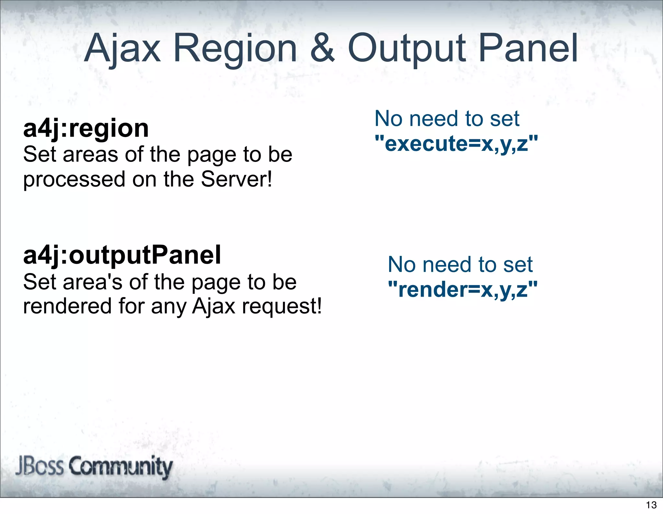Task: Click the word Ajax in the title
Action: (x=122, y=49)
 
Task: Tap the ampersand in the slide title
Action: (x=322, y=49)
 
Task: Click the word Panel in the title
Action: (x=528, y=49)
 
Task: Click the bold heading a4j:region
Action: (x=86, y=129)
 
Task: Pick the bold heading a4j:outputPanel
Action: (x=122, y=255)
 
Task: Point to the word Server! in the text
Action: (x=237, y=179)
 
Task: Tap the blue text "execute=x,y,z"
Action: (x=456, y=143)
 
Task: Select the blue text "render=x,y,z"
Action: (x=463, y=289)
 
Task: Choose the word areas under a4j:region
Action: (x=90, y=155)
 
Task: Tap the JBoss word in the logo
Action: (x=39, y=466)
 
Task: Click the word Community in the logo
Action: (x=120, y=467)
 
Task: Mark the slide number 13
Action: (x=651, y=505)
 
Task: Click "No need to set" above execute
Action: (x=447, y=119)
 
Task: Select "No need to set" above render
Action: (x=460, y=265)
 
